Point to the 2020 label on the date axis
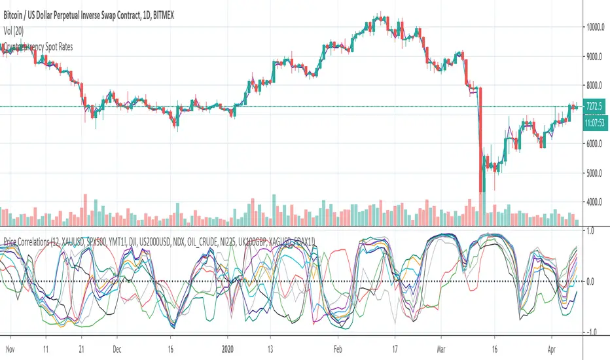tap(227, 349)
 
